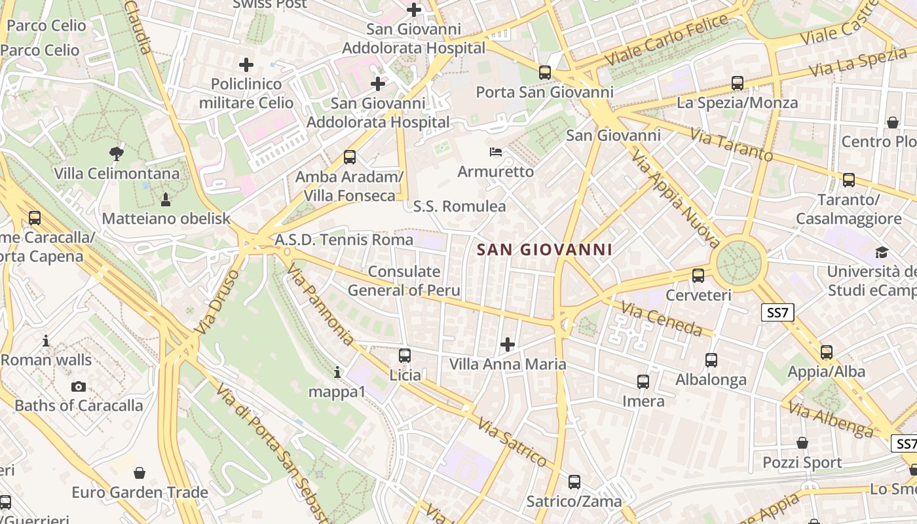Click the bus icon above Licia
pyautogui.click(x=405, y=356)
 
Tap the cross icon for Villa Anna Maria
pyautogui.click(x=507, y=344)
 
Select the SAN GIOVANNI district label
pyautogui.click(x=545, y=250)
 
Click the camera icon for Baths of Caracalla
pyautogui.click(x=79, y=386)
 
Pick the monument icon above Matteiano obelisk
pyautogui.click(x=165, y=199)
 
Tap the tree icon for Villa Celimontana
pyautogui.click(x=117, y=154)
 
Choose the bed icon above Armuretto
pyautogui.click(x=496, y=153)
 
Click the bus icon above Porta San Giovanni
pyautogui.click(x=545, y=73)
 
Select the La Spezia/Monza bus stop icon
pyautogui.click(x=738, y=83)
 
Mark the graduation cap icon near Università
pyautogui.click(x=882, y=252)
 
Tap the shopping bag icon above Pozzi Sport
pyautogui.click(x=802, y=443)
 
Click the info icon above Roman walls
pyautogui.click(x=46, y=341)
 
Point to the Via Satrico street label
pyautogui.click(x=512, y=443)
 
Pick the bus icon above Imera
pyautogui.click(x=643, y=382)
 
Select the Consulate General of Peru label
pyautogui.click(x=403, y=281)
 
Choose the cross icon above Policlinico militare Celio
pyautogui.click(x=246, y=65)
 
